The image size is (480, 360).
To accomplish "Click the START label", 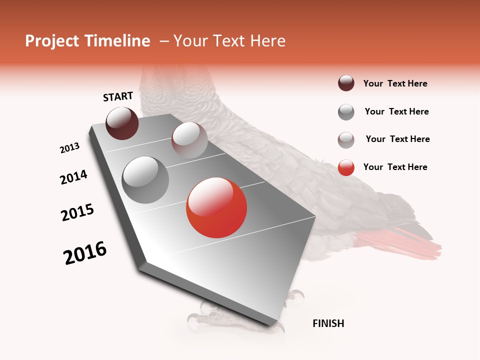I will pyautogui.click(x=118, y=96).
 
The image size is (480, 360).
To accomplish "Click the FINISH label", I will pyautogui.click(x=328, y=323).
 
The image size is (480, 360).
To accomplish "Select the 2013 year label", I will pyautogui.click(x=70, y=147).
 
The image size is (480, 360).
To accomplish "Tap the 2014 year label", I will pyautogui.click(x=73, y=177).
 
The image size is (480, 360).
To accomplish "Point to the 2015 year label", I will pyautogui.click(x=77, y=212).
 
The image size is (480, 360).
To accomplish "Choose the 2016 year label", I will pyautogui.click(x=85, y=253).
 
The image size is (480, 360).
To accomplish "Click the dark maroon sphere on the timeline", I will pyautogui.click(x=122, y=123).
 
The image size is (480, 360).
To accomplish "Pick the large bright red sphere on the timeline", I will pyautogui.click(x=216, y=207).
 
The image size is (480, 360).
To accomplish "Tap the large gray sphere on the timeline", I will pyautogui.click(x=145, y=179).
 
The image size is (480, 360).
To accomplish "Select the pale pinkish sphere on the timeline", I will pyautogui.click(x=189, y=140).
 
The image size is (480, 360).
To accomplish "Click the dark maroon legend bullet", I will pyautogui.click(x=346, y=83).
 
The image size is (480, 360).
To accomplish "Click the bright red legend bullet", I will pyautogui.click(x=346, y=167).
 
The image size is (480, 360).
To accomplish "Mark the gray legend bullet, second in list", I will pyautogui.click(x=346, y=112).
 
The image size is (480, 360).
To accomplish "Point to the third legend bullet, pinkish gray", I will pyautogui.click(x=346, y=140).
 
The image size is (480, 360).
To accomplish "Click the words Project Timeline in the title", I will pyautogui.click(x=87, y=41).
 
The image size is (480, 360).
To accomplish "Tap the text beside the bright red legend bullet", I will pyautogui.click(x=395, y=167).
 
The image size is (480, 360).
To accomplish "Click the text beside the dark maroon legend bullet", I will pyautogui.click(x=395, y=83).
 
